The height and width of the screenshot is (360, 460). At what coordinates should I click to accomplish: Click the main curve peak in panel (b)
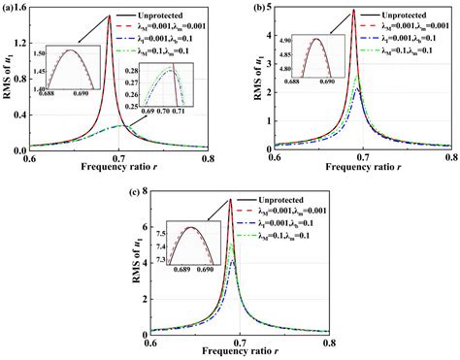click(x=354, y=11)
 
